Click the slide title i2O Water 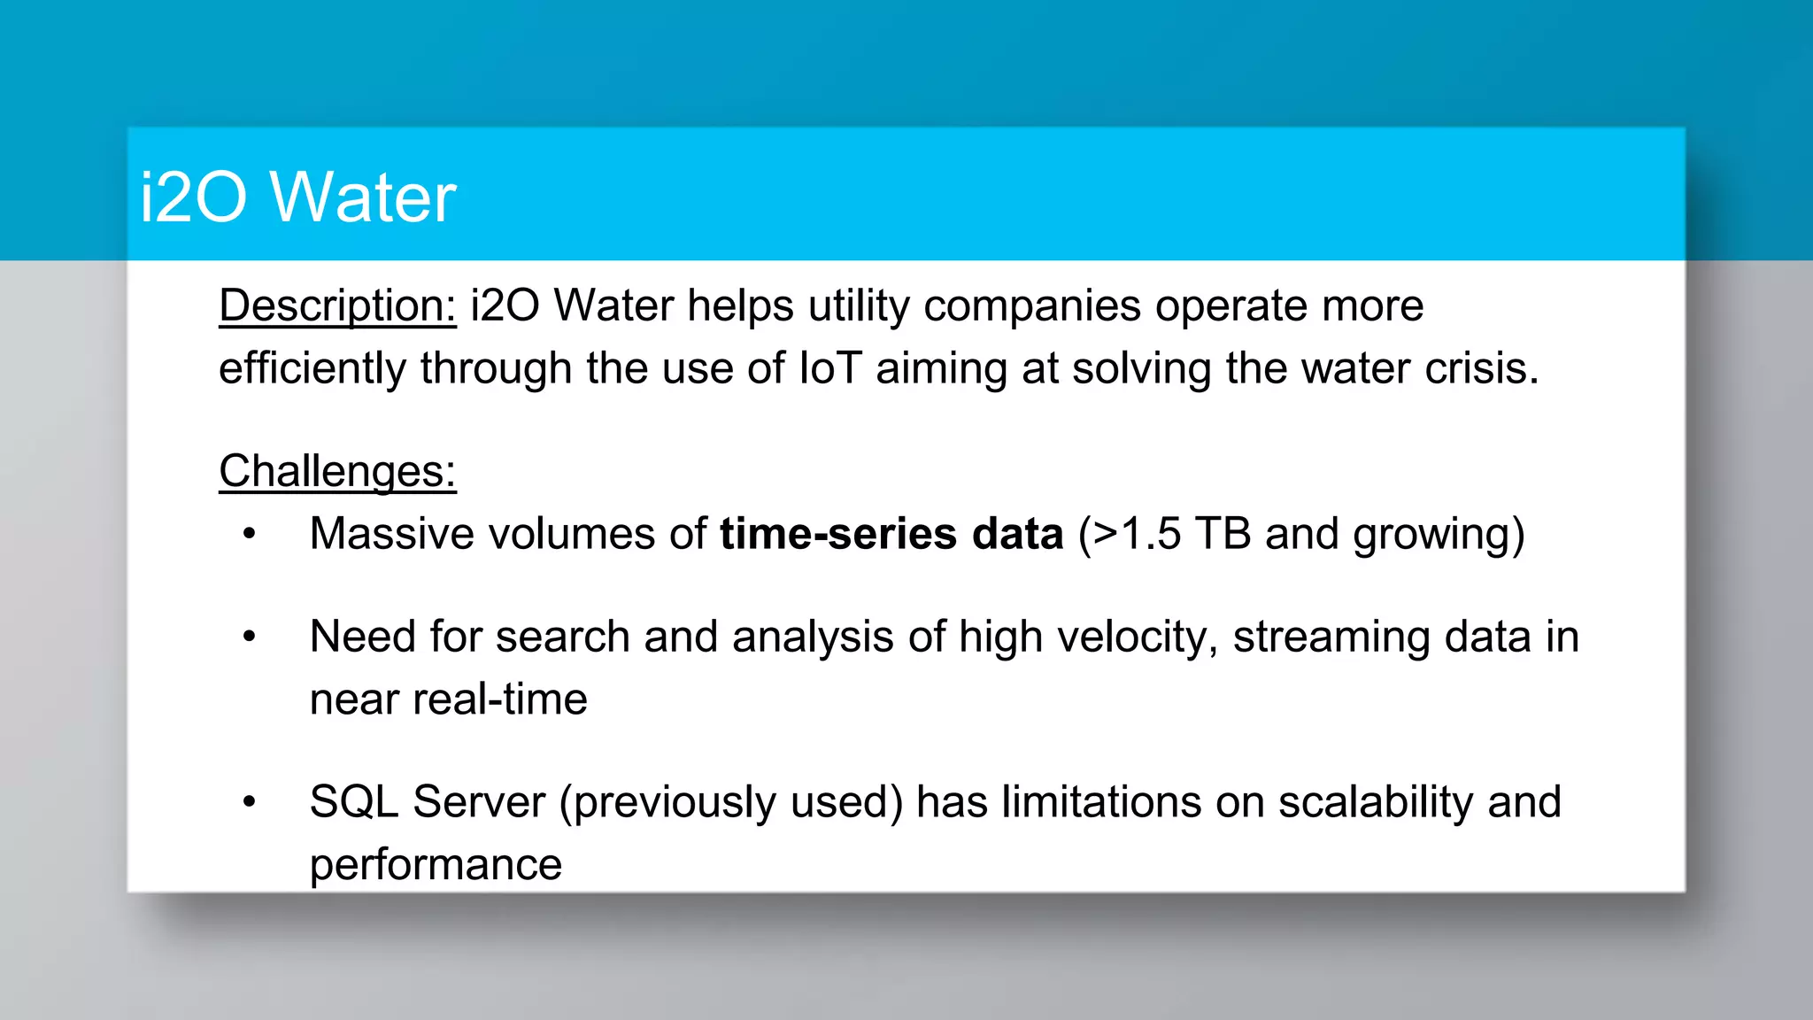297,197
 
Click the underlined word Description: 337,305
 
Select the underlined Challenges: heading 337,471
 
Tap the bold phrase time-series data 891,534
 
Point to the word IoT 829,368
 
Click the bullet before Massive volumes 250,534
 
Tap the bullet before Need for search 250,637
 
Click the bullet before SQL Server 250,802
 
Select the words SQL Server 427,802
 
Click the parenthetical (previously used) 731,803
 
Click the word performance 436,865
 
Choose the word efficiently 312,369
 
